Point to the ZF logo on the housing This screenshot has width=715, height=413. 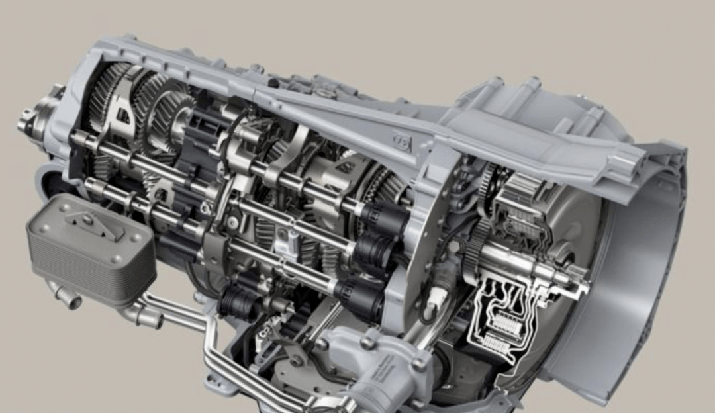point(401,141)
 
